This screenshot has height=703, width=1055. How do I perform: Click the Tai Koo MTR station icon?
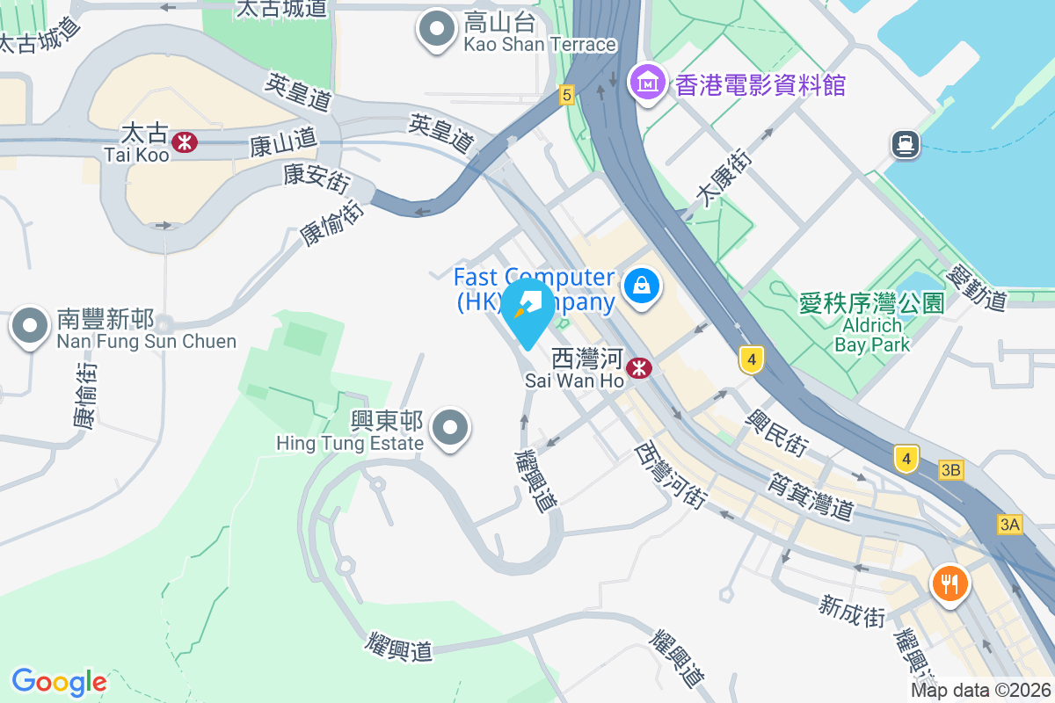185,141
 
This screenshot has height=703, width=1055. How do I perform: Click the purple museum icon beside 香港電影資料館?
649,83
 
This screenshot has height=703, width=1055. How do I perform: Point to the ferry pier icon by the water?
905,143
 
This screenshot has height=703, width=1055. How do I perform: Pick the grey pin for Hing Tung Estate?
452,429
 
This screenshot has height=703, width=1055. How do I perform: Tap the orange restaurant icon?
949,582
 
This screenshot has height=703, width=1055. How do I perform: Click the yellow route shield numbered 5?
566,95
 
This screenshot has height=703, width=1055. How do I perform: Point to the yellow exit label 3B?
950,470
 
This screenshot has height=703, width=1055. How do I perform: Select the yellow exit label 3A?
1010,525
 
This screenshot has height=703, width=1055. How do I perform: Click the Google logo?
59,682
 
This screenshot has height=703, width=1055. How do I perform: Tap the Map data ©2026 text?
979,691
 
